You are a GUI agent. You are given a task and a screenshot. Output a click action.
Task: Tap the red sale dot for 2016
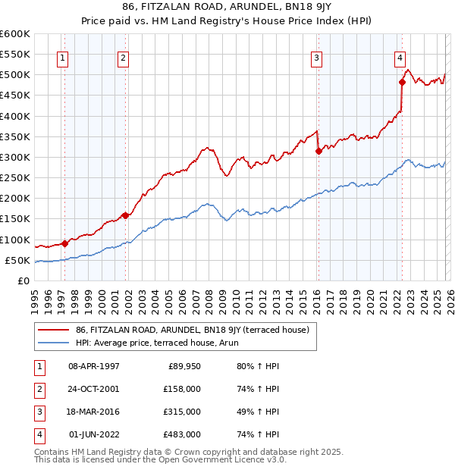click(318, 151)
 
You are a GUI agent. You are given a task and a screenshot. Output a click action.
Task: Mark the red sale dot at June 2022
click(402, 82)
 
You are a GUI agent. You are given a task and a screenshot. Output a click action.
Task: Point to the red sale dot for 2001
click(125, 215)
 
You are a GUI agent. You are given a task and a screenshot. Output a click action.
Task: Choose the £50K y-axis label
click(17, 260)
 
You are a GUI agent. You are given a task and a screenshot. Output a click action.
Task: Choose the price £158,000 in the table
click(183, 389)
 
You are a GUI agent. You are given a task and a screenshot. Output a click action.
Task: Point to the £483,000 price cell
click(183, 434)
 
